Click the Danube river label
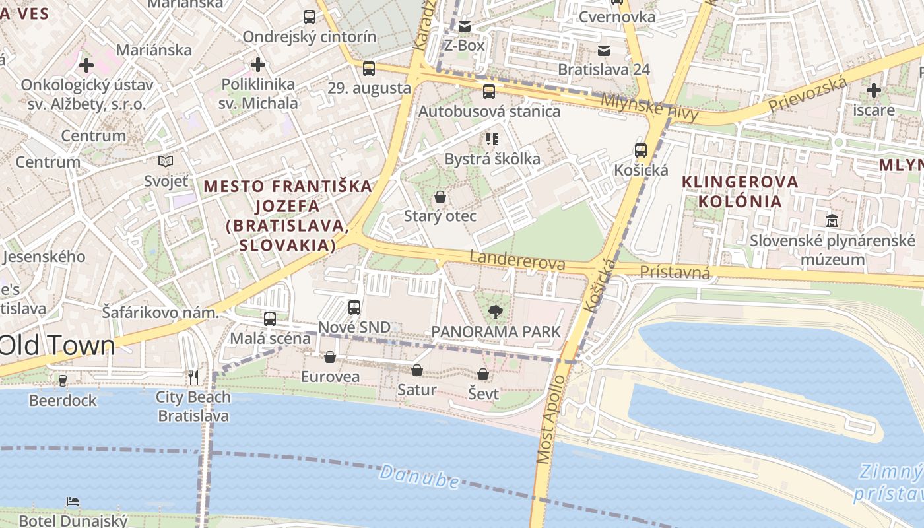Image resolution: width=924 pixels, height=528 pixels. pos(420,477)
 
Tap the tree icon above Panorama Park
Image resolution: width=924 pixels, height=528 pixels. pos(494,312)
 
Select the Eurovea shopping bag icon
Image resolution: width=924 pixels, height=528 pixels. pos(330,358)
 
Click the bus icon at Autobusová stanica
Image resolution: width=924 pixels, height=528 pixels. pos(489,92)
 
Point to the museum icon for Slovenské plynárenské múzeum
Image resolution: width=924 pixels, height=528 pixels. pos(832,220)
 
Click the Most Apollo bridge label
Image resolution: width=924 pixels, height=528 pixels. pos(551,420)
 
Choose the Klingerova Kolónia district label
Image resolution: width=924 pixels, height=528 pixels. pos(739,191)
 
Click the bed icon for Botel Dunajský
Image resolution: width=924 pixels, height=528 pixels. pos(73,502)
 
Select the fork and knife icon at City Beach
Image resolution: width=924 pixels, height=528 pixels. pos(193,377)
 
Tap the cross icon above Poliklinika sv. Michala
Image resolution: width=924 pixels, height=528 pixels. pos(258,65)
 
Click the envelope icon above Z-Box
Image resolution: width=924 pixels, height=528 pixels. pos(465,26)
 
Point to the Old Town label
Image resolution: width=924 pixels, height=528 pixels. pos(58,346)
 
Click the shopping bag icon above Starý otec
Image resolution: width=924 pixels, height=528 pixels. pos(440,197)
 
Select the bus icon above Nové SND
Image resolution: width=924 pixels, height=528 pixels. pos(354,308)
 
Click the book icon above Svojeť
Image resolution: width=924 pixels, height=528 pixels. pos(166,161)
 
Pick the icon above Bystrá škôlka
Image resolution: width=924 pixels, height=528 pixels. pos(492,139)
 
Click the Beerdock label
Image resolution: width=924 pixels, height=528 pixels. pos(63,400)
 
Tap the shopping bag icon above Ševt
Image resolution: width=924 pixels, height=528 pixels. pos(483,374)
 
